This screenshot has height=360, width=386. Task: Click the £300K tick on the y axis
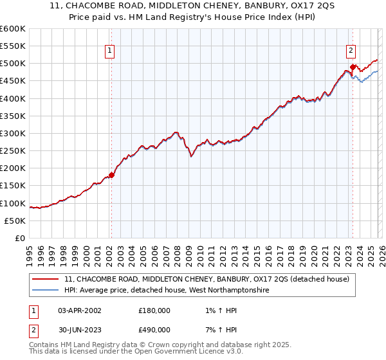coord(13,133)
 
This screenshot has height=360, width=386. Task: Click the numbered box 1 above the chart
coord(110,51)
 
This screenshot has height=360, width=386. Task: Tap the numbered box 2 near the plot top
coord(351,51)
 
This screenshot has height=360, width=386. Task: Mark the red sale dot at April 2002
coord(111,175)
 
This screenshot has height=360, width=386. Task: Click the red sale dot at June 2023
coord(353,67)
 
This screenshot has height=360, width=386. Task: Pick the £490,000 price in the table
coord(154,329)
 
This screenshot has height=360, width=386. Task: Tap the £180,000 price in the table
coord(154,310)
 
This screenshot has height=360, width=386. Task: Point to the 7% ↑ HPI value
coord(217,329)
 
